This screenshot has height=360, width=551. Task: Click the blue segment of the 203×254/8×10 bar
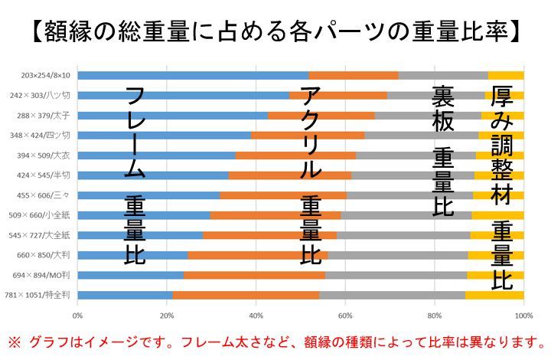[x=191, y=75]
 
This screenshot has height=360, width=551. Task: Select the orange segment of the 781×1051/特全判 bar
[x=245, y=294]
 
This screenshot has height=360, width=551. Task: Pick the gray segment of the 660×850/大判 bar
[x=397, y=254]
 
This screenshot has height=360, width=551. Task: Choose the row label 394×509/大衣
[x=43, y=155]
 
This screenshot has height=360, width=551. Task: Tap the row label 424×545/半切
[x=43, y=175]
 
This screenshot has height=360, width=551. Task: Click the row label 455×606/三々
[x=43, y=195]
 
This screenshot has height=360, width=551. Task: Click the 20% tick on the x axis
[x=166, y=313]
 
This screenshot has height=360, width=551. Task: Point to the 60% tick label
[x=345, y=313]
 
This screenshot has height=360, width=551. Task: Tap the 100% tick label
[x=523, y=313]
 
